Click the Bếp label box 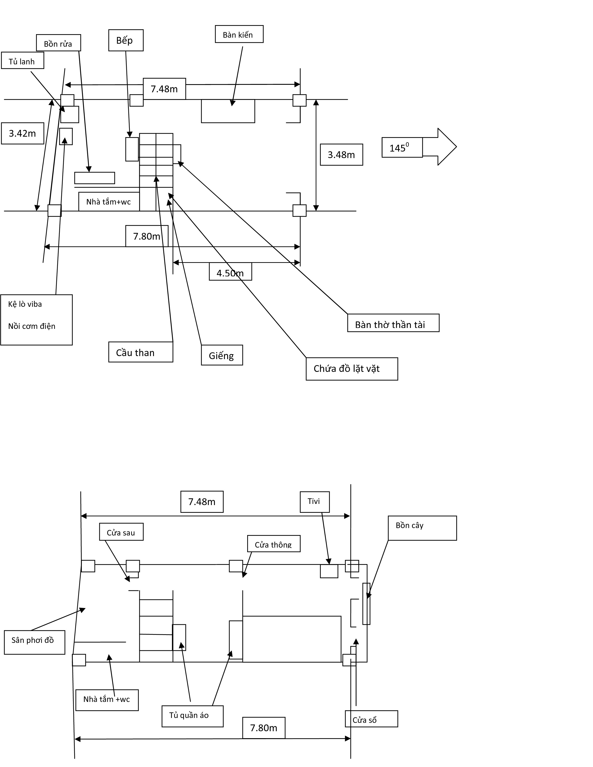(126, 40)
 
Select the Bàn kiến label (239, 34)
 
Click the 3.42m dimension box (23, 133)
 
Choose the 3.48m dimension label (341, 155)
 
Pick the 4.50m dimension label (230, 273)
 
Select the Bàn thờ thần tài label (393, 323)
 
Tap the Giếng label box (222, 355)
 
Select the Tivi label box (314, 502)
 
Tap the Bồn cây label (422, 528)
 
